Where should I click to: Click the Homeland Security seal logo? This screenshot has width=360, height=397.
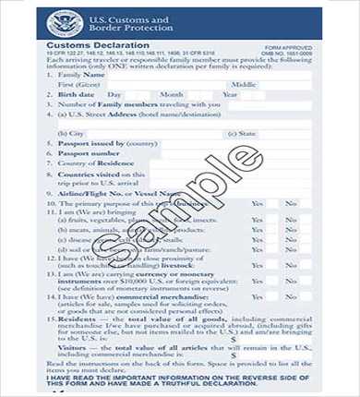tap(66, 25)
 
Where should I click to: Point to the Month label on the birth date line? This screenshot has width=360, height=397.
tap(173, 94)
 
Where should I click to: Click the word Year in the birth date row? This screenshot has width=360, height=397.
tap(230, 94)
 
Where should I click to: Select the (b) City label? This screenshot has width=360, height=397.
tap(71, 134)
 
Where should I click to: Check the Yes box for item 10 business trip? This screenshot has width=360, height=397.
tap(258, 203)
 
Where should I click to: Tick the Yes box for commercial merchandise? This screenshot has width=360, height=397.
tap(258, 300)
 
